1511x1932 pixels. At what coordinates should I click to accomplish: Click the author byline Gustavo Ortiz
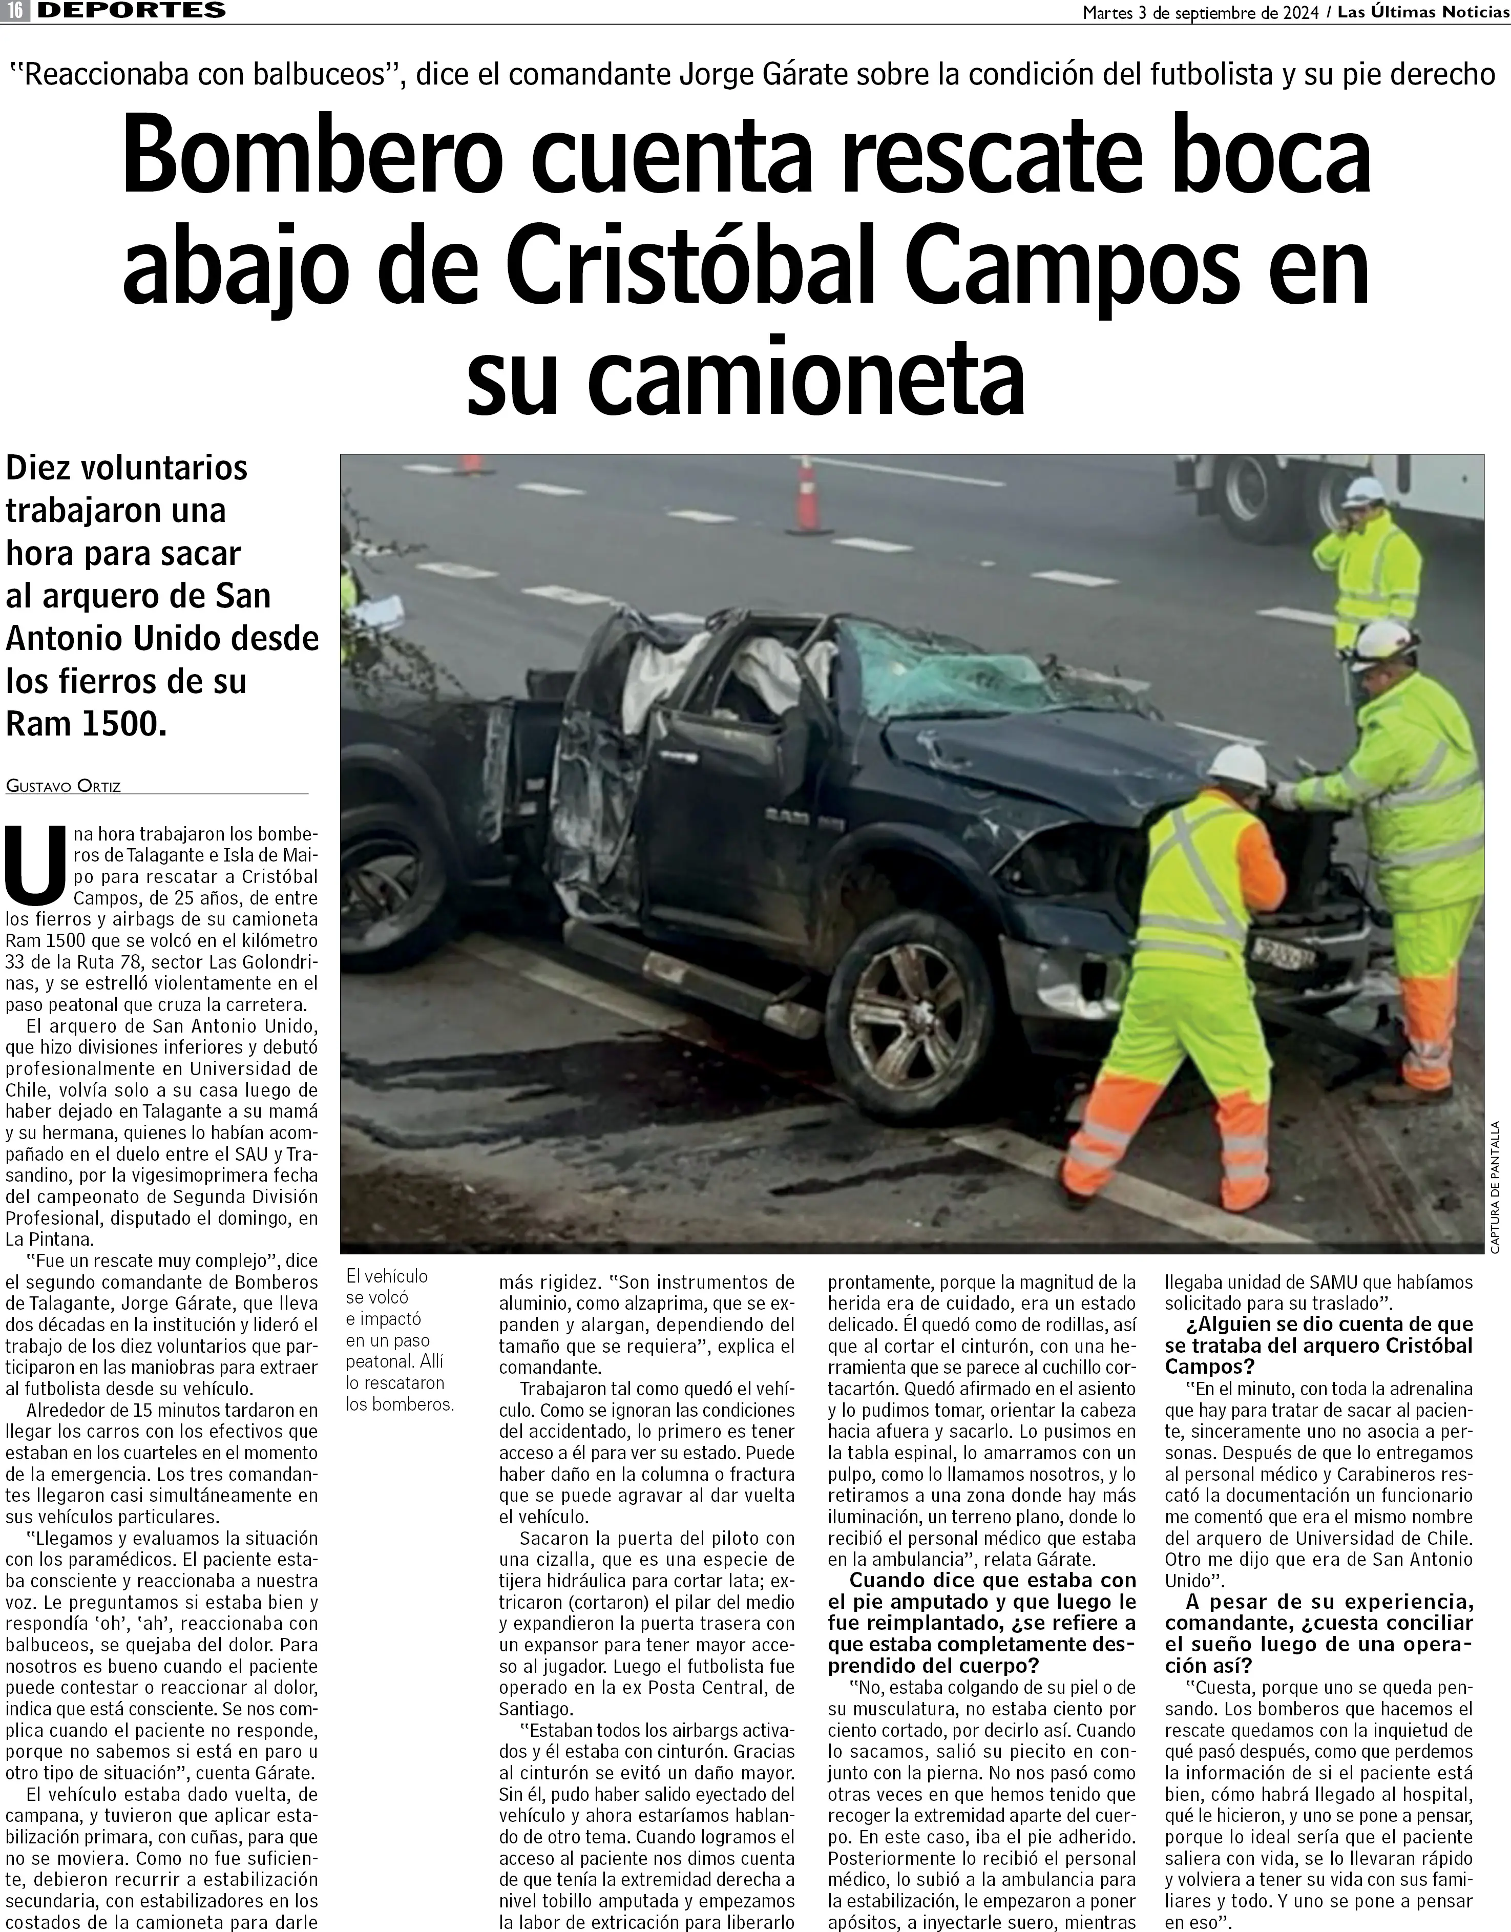pyautogui.click(x=63, y=786)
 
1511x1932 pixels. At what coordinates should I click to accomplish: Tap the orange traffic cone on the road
pyautogui.click(x=807, y=497)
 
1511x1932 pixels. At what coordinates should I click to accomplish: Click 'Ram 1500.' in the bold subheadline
pyautogui.click(x=86, y=724)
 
